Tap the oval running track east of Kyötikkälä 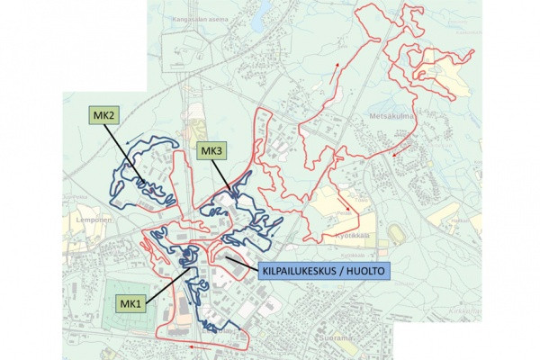pos(398,233)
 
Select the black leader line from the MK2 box pos(121,148)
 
